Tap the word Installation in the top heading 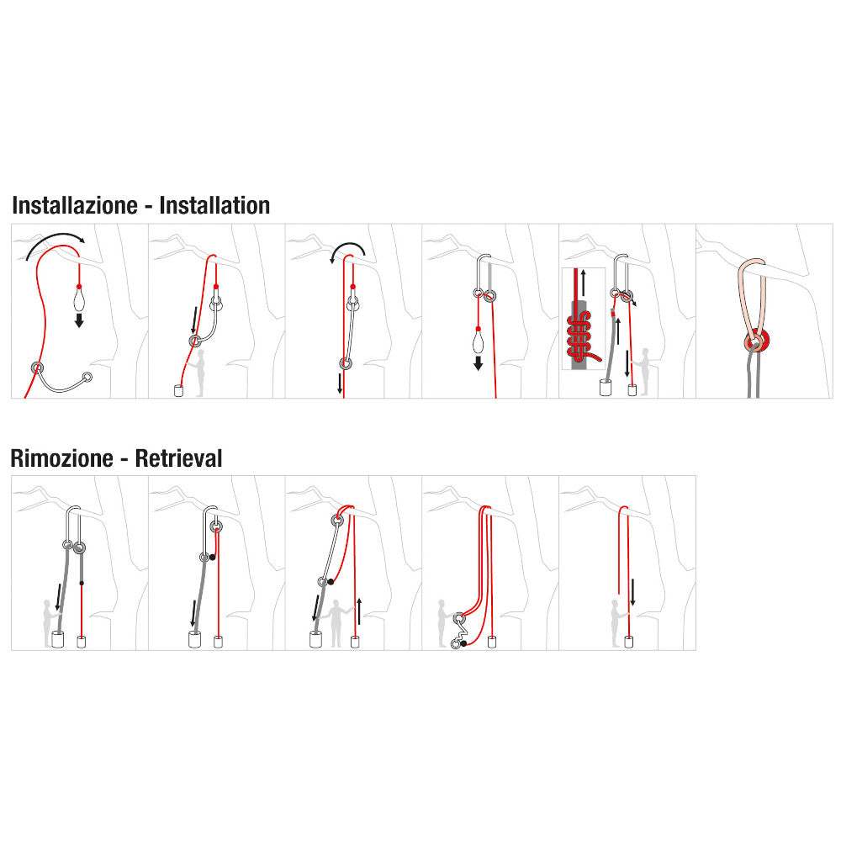214,206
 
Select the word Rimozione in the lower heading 61,458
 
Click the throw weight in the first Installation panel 79,298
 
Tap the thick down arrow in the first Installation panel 79,320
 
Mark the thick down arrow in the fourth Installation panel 478,363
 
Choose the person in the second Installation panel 200,373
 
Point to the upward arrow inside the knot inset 582,282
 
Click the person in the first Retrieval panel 48,622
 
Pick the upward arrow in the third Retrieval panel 358,610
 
